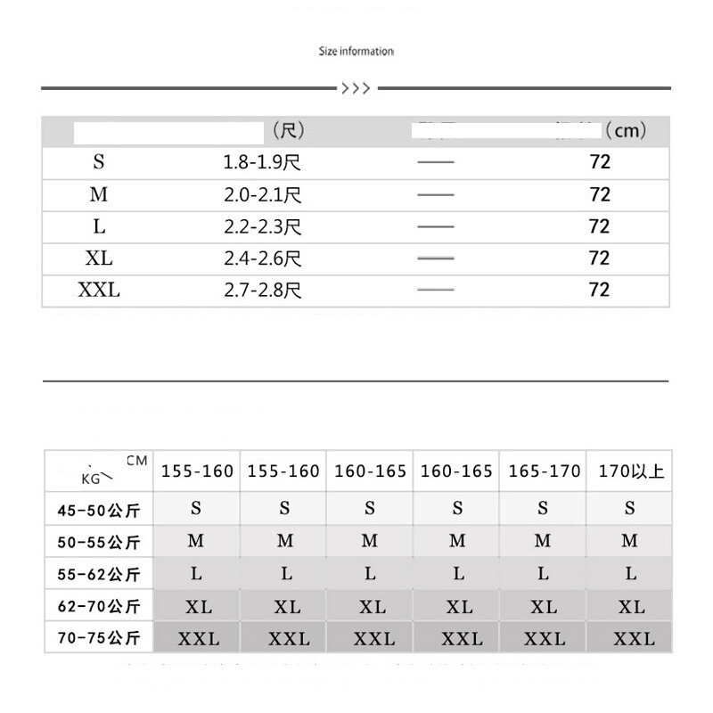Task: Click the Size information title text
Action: point(356,52)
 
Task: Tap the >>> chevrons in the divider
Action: point(356,88)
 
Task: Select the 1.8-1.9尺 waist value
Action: point(262,163)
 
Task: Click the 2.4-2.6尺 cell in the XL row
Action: point(262,258)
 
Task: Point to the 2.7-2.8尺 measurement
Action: point(262,291)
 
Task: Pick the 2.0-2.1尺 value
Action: point(262,195)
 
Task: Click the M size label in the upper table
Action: point(99,195)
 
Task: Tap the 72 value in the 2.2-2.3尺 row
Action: point(600,226)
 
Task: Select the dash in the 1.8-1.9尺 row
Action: point(435,163)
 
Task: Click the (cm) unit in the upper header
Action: point(625,131)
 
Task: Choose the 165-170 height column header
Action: point(544,471)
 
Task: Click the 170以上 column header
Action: point(630,471)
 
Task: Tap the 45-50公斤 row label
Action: point(98,511)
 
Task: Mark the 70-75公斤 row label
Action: point(98,638)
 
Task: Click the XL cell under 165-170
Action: point(544,608)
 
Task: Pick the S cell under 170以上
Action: point(630,509)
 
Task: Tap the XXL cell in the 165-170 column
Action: point(544,639)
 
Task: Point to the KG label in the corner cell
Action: point(91,479)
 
